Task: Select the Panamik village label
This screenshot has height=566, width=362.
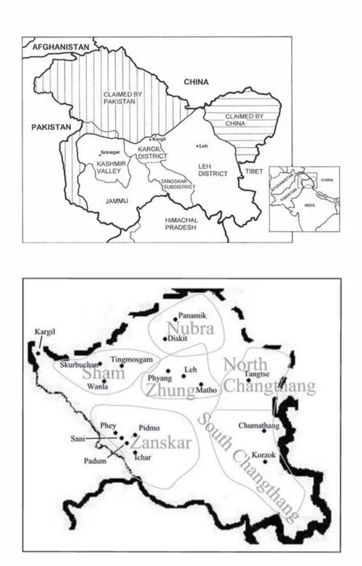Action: click(x=192, y=314)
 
